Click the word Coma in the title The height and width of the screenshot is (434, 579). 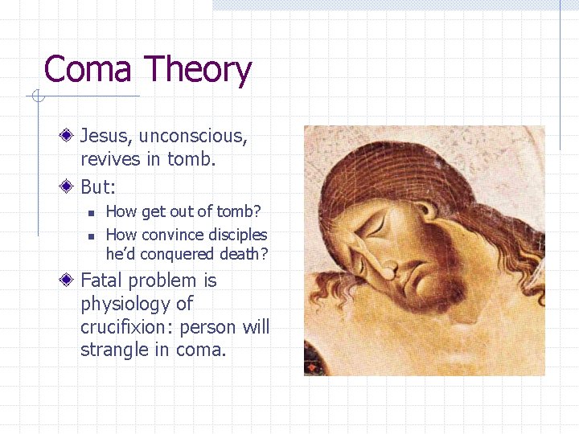coord(87,70)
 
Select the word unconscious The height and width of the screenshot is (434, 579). coord(193,137)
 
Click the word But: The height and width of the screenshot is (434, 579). coord(98,187)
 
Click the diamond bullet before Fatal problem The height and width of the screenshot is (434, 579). coord(71,280)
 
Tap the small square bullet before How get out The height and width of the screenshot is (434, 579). coord(92,213)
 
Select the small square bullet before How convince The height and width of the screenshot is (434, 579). coord(92,235)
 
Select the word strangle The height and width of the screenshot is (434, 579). coord(111,350)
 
